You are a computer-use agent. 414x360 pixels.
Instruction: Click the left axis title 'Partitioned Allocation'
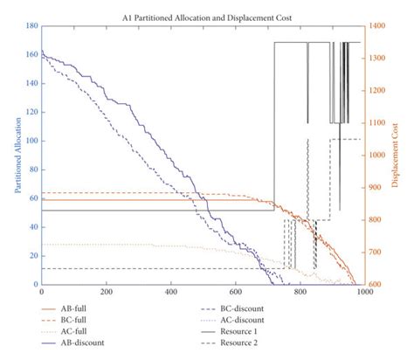coord(17,156)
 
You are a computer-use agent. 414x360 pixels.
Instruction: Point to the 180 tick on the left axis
coord(33,27)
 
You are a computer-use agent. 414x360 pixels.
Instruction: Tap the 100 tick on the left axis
coord(33,142)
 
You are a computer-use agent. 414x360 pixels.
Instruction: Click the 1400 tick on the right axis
coord(376,27)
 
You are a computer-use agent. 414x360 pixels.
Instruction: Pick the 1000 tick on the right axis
coord(376,156)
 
